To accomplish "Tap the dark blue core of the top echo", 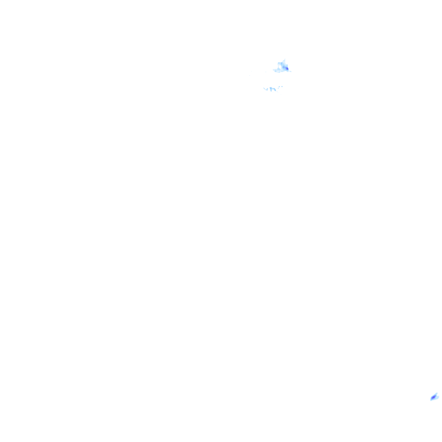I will coord(287,69).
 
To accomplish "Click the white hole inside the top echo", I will coord(280,67).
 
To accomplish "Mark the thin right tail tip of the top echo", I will coord(290,71).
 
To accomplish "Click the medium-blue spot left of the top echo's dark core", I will coord(284,67).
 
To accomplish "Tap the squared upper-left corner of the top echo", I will coord(278,63).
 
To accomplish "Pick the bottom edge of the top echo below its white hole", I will coord(279,72).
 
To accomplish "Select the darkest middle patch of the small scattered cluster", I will coord(271,88).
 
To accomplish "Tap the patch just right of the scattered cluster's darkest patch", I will coord(275,89).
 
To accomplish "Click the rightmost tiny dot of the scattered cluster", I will coord(282,86).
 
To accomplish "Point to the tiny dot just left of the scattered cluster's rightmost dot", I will coord(279,87).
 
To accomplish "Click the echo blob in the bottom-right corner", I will coord(434,397).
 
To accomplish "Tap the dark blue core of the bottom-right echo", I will coord(433,397).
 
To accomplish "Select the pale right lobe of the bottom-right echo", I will coord(438,397).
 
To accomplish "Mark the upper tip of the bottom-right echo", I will coord(437,393).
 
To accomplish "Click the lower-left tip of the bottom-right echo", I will coord(431,401).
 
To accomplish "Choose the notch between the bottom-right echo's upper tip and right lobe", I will coord(437,395).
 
